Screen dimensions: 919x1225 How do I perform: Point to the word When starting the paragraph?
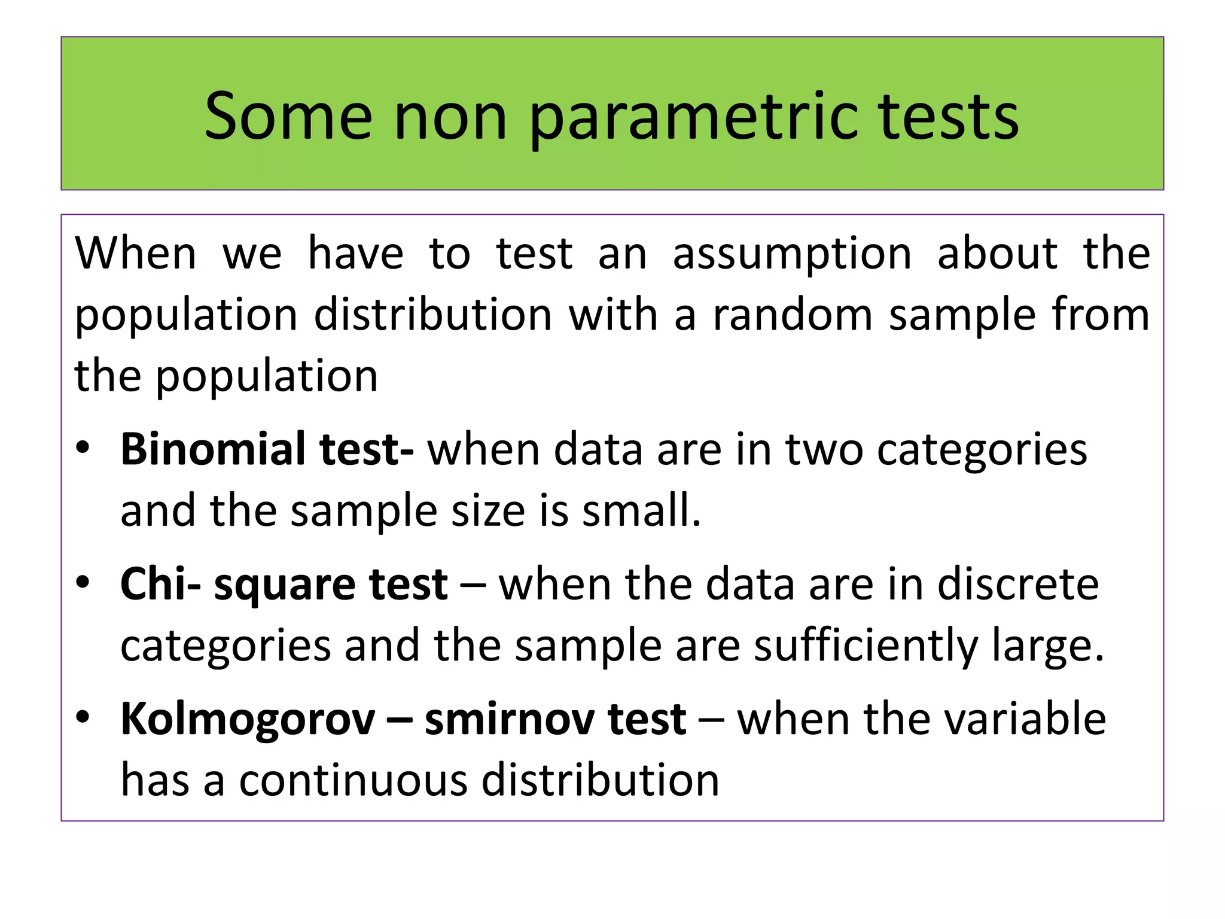pyautogui.click(x=136, y=254)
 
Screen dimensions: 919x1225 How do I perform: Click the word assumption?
pyautogui.click(x=792, y=254)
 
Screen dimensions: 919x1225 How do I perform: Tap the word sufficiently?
pyautogui.click(x=865, y=646)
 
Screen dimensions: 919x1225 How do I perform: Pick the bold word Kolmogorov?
pyautogui.click(x=248, y=719)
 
